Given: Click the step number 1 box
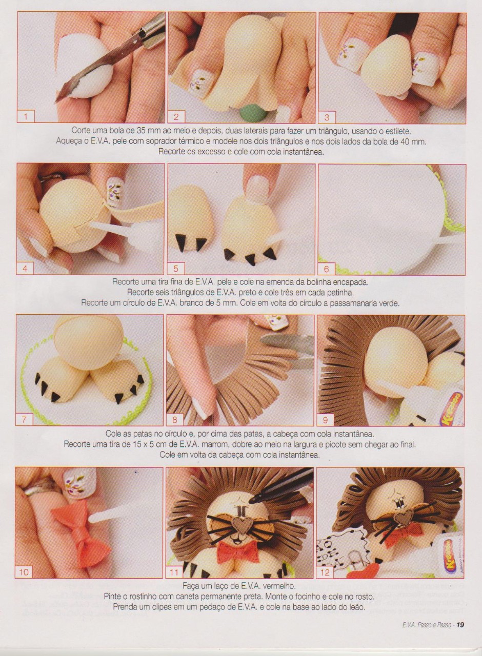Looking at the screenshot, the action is click(26, 117).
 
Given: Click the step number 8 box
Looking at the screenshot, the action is click(175, 420).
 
